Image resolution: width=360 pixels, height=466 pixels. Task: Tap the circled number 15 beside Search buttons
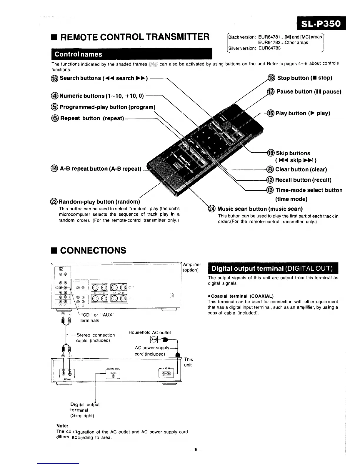pyautogui.click(x=55, y=78)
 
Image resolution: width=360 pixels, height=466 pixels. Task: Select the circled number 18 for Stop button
pyautogui.click(x=271, y=78)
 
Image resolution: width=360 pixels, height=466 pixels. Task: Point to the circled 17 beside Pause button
pyautogui.click(x=271, y=92)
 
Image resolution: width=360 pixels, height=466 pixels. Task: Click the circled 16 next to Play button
pyautogui.click(x=270, y=113)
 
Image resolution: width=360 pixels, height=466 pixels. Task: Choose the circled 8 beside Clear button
pyautogui.click(x=270, y=169)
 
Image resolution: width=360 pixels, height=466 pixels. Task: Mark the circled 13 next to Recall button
pyautogui.click(x=270, y=180)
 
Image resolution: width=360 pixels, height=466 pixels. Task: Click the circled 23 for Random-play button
pyautogui.click(x=54, y=202)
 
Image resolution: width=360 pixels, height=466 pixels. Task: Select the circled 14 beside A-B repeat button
pyautogui.click(x=55, y=169)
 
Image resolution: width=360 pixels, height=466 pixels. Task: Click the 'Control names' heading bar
pyautogui.click(x=131, y=54)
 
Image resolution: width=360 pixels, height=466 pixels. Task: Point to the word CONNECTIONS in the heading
pyautogui.click(x=93, y=250)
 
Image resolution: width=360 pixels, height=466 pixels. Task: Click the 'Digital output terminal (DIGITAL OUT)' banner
pyautogui.click(x=273, y=269)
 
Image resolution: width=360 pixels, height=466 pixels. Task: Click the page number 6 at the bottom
pyautogui.click(x=196, y=450)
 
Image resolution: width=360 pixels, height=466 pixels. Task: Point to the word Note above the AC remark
pyautogui.click(x=62, y=426)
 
